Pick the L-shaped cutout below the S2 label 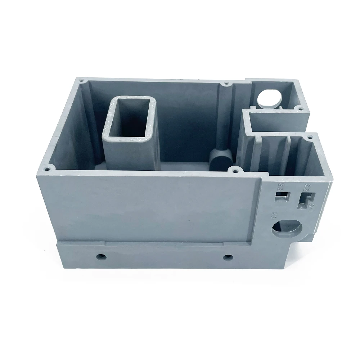pos(305,200)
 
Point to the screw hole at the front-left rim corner pos(47,168)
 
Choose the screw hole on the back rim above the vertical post pos(226,84)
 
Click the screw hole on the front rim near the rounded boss pos(235,168)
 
